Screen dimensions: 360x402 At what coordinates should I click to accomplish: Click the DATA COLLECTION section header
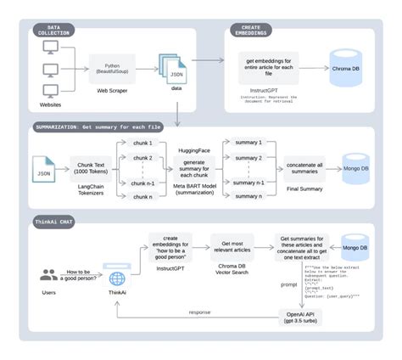(x=57, y=30)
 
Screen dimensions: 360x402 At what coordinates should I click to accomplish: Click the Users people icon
(x=51, y=276)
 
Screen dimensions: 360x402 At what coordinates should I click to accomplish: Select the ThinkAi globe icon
(x=116, y=278)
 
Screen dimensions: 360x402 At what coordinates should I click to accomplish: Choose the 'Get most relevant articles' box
(x=232, y=246)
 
